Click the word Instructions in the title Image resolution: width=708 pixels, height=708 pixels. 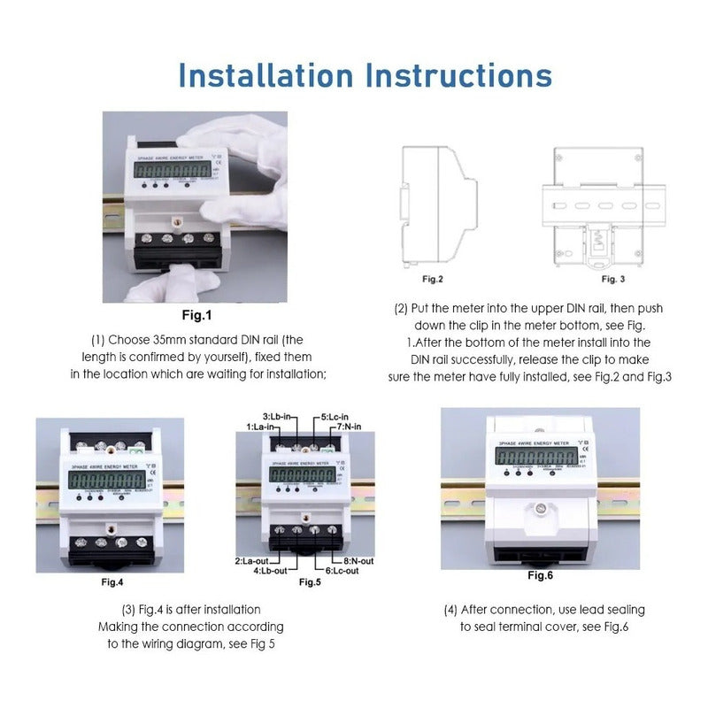tap(458, 74)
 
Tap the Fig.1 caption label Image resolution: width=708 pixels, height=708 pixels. tap(196, 315)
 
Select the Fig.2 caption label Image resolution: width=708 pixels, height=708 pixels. tap(431, 279)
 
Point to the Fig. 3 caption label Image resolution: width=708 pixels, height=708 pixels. tap(613, 279)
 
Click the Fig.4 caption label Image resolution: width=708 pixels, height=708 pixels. tap(112, 582)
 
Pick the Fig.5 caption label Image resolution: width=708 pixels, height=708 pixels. tap(310, 582)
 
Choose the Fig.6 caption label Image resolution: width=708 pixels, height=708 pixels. tap(540, 576)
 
